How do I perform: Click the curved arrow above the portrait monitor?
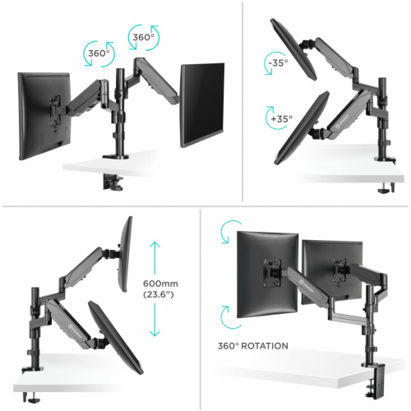pos(225,235)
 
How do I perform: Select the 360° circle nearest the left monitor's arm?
pos(98,54)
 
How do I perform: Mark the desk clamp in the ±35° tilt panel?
pos(382,190)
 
